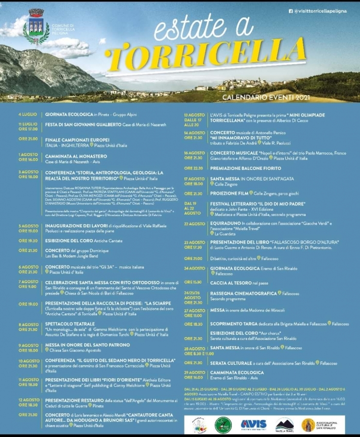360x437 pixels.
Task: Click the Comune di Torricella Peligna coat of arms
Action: coord(36,27)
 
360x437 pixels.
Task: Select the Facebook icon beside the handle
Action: coord(291,11)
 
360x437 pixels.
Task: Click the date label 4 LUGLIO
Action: coord(28,115)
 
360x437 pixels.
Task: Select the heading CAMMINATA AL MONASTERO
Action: coord(76,156)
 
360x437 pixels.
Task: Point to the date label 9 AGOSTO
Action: coord(29,345)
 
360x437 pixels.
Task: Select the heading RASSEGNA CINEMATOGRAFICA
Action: coord(243,293)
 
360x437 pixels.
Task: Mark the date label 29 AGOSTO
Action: coord(195,372)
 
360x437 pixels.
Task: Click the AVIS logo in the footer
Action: coord(254,424)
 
